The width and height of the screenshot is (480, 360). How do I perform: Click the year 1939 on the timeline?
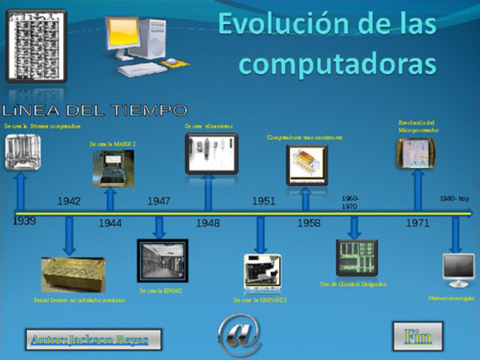click(x=23, y=221)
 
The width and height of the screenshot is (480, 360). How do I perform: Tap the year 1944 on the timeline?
click(x=110, y=223)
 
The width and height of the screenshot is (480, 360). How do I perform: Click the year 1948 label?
click(x=208, y=223)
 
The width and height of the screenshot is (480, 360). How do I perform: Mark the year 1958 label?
click(x=308, y=223)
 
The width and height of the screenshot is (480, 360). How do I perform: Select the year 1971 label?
click(x=417, y=223)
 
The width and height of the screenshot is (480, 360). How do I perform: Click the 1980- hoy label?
click(x=454, y=199)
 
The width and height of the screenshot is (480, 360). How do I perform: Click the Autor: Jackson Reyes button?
click(x=87, y=339)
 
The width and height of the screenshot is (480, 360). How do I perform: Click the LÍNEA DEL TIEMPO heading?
click(x=95, y=110)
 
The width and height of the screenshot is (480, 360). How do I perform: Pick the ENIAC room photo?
click(x=162, y=260)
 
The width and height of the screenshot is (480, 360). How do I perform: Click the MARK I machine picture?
click(x=113, y=167)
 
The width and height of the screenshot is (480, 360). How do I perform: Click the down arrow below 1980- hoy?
click(x=454, y=235)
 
